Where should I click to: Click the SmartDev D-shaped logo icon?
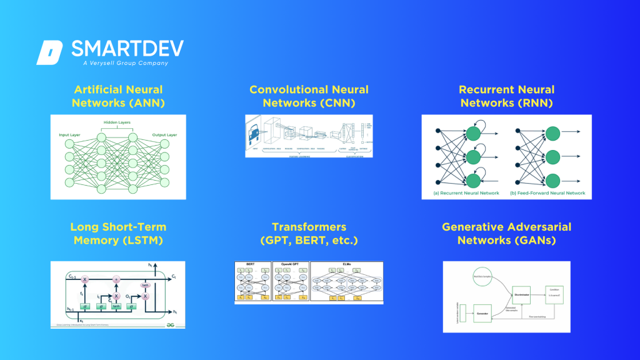(50, 52)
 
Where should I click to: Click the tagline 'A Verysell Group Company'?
(125, 63)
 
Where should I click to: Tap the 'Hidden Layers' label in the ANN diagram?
(117, 122)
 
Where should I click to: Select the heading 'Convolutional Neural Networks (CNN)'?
(309, 96)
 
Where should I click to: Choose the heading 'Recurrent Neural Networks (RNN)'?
(506, 96)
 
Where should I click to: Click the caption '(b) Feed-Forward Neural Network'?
(547, 193)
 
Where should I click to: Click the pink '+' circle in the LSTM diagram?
(116, 279)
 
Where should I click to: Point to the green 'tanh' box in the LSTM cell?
(116, 306)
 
